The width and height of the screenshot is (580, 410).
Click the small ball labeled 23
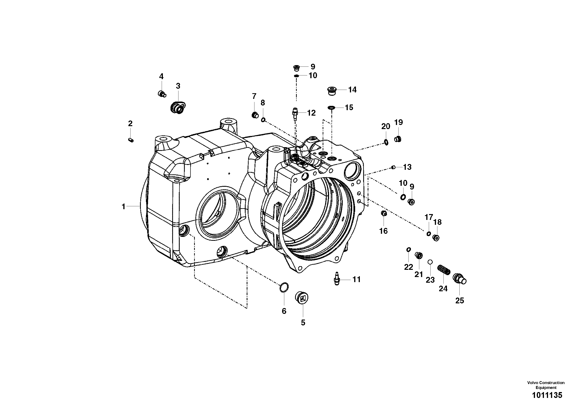click(430, 262)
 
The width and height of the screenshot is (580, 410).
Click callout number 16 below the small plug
click(383, 231)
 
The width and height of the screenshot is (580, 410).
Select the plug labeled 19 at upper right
click(398, 139)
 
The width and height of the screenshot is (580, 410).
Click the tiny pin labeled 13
click(393, 167)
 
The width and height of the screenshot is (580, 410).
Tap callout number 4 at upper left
click(161, 76)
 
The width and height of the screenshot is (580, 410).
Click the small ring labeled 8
click(263, 120)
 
